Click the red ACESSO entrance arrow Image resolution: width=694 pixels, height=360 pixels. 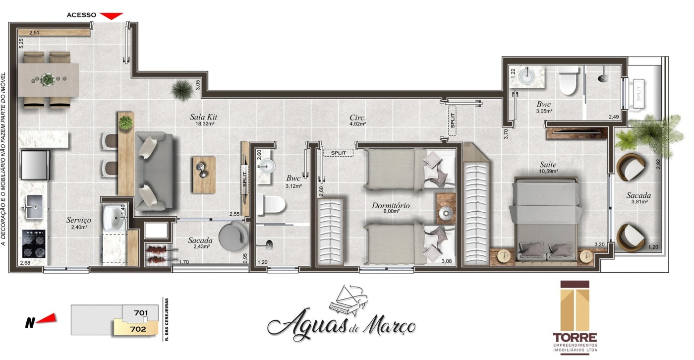pyautogui.click(x=112, y=15)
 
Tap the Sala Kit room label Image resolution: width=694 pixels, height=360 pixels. pyautogui.click(x=204, y=118)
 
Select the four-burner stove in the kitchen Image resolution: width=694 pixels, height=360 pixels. pyautogui.click(x=34, y=243)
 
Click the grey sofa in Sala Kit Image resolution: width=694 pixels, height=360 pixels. pyautogui.click(x=154, y=170)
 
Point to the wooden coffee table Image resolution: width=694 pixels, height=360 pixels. pyautogui.click(x=204, y=175)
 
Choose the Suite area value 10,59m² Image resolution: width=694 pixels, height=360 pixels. pyautogui.click(x=549, y=172)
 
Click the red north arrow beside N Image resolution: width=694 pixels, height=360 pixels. pyautogui.click(x=47, y=319)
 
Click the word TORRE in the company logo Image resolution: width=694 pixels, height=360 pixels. pyautogui.click(x=575, y=336)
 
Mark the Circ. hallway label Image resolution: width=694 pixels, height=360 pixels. pyautogui.click(x=357, y=119)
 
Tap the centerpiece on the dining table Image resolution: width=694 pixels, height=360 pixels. pyautogui.click(x=48, y=79)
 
